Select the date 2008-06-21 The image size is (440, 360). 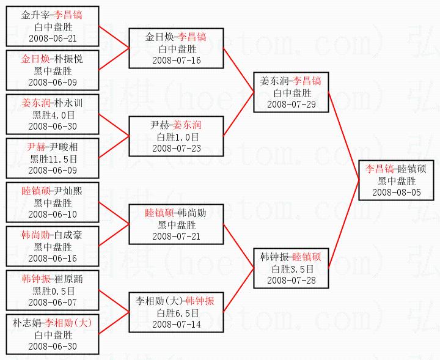point(53,38)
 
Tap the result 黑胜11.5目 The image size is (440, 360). point(53,159)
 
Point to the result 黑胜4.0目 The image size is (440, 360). point(53,115)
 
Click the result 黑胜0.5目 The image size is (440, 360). point(53,290)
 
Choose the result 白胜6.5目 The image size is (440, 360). point(177,312)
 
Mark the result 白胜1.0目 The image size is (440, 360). point(177,137)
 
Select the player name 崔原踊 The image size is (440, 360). point(68,279)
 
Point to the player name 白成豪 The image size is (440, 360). point(68,235)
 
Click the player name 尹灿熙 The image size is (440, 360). point(68,191)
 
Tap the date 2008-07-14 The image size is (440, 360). point(177,324)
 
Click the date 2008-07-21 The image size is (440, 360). point(177,236)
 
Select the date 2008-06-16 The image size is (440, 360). point(53,259)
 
